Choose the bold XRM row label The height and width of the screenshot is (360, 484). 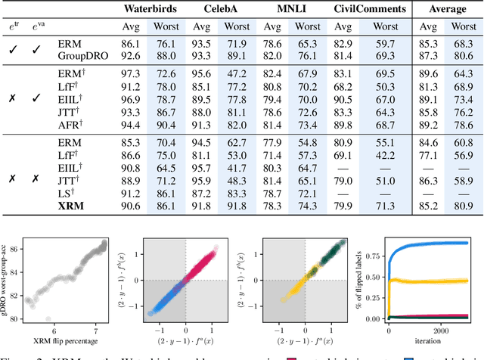coord(71,205)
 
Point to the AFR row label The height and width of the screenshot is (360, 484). coord(70,124)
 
